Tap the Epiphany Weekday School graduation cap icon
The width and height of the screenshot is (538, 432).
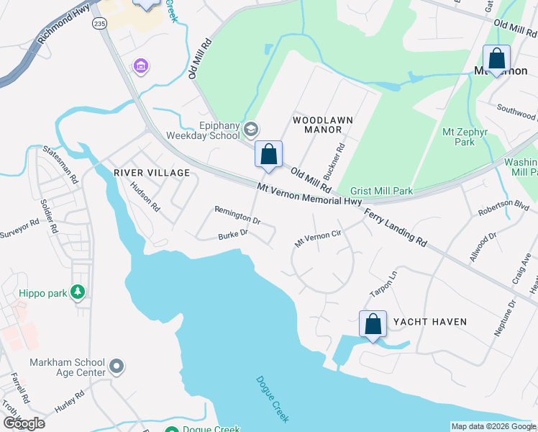250,130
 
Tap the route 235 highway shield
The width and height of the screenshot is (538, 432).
98,24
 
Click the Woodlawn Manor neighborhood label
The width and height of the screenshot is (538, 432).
316,124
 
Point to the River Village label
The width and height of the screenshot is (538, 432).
151,173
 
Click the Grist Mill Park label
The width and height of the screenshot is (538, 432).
381,192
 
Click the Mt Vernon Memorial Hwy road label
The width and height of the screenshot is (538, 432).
309,195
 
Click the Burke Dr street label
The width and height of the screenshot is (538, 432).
233,234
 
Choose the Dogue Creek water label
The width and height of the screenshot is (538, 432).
273,399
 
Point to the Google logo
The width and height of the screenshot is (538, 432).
24,423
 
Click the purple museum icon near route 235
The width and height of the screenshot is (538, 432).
141,67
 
